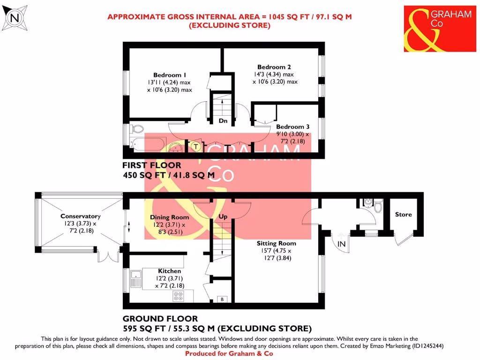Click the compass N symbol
(x=15, y=18)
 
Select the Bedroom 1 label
(x=170, y=75)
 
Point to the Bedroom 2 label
(x=274, y=67)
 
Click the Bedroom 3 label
(x=293, y=127)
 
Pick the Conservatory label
(x=81, y=216)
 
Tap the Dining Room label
(x=169, y=217)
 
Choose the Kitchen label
(x=169, y=271)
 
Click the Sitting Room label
(x=276, y=243)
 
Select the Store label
(x=403, y=215)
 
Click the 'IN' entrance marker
(x=342, y=244)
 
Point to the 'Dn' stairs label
(x=223, y=121)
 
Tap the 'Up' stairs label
(x=223, y=217)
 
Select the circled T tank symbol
(x=196, y=147)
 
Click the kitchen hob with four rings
(x=179, y=296)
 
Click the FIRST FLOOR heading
(x=151, y=165)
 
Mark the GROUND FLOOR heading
(x=160, y=319)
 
